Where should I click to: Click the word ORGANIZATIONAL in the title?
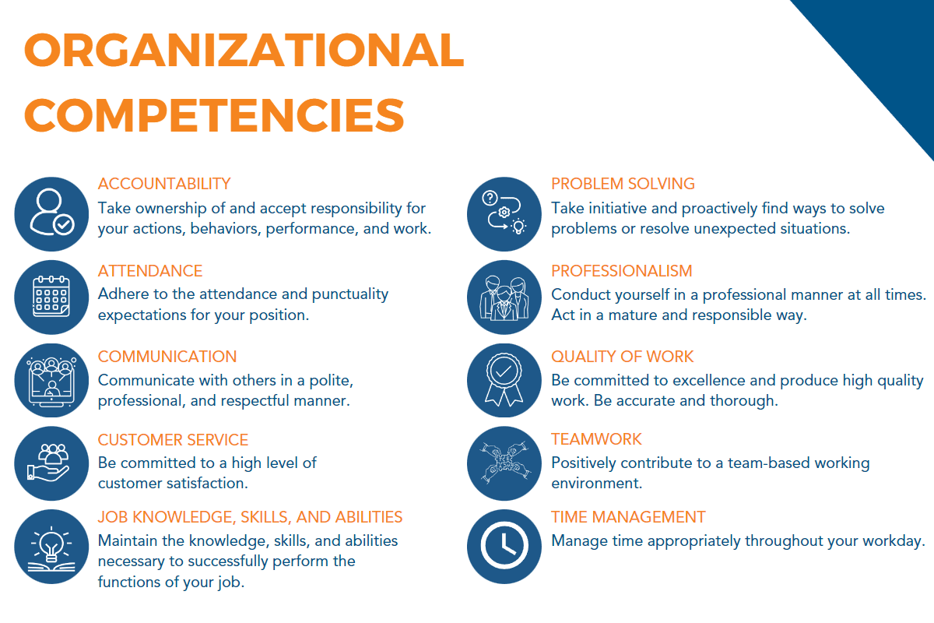pyautogui.click(x=244, y=50)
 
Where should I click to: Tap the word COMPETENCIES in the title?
pyautogui.click(x=214, y=115)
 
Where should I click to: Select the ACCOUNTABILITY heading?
pyautogui.click(x=164, y=184)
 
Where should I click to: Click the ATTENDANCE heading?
pyautogui.click(x=150, y=271)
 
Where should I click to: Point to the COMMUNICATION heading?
pyautogui.click(x=167, y=357)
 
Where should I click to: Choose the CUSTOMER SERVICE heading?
pyautogui.click(x=173, y=440)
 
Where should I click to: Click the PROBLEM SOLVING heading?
pyautogui.click(x=623, y=184)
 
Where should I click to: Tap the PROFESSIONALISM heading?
pyautogui.click(x=622, y=271)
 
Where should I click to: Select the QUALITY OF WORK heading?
pyautogui.click(x=623, y=357)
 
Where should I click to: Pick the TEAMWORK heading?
pyautogui.click(x=597, y=439)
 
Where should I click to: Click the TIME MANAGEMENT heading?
pyautogui.click(x=628, y=517)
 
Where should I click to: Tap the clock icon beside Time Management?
pyautogui.click(x=504, y=546)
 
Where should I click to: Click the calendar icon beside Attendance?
pyautogui.click(x=51, y=296)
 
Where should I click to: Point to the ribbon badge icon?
pyautogui.click(x=504, y=380)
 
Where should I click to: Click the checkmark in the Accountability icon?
pyautogui.click(x=64, y=225)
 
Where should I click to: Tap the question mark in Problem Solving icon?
pyautogui.click(x=490, y=198)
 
